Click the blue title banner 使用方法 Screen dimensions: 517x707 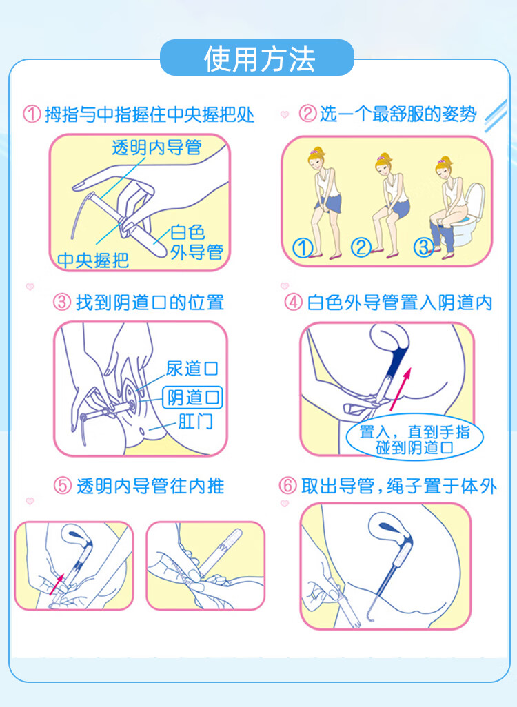[x=257, y=58]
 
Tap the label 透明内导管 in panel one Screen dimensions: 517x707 [x=156, y=147]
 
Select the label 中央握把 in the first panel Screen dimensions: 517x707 [x=93, y=260]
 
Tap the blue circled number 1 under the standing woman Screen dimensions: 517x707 [x=303, y=247]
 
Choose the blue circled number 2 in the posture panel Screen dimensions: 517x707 [x=361, y=247]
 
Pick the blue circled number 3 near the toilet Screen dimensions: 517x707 [x=424, y=247]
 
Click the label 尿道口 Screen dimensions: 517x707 [x=192, y=369]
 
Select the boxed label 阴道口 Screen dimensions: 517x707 [x=192, y=397]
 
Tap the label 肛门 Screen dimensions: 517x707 [x=195, y=422]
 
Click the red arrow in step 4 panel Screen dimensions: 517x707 [x=401, y=389]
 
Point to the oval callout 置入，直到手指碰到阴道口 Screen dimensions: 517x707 [x=414, y=437]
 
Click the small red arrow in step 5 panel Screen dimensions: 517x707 [x=57, y=584]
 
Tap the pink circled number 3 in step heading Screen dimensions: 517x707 [x=62, y=302]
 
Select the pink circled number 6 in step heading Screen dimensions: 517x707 [x=287, y=486]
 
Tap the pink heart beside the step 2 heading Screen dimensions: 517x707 [x=285, y=114]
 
